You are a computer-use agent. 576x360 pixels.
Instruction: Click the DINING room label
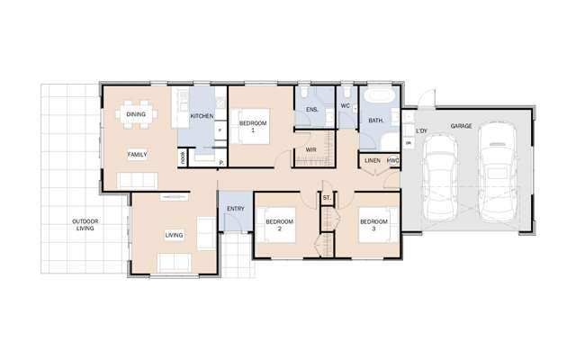[136, 114]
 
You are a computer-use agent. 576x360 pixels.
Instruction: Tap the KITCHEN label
[202, 116]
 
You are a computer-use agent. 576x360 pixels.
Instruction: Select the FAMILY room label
[137, 154]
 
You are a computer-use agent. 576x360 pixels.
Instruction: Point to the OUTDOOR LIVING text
[86, 225]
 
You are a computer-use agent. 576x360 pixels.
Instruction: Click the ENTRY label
[236, 209]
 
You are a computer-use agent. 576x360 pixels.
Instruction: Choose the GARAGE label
[462, 127]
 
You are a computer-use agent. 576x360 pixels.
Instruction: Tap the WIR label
[310, 149]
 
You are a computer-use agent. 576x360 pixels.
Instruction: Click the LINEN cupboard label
[373, 161]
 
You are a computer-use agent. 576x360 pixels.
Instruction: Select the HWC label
[392, 161]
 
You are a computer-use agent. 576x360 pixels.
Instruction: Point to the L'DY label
[421, 129]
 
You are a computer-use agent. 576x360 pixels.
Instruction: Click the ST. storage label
[327, 195]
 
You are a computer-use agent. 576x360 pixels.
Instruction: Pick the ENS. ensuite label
[312, 110]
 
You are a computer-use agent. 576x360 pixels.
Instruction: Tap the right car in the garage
[497, 171]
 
